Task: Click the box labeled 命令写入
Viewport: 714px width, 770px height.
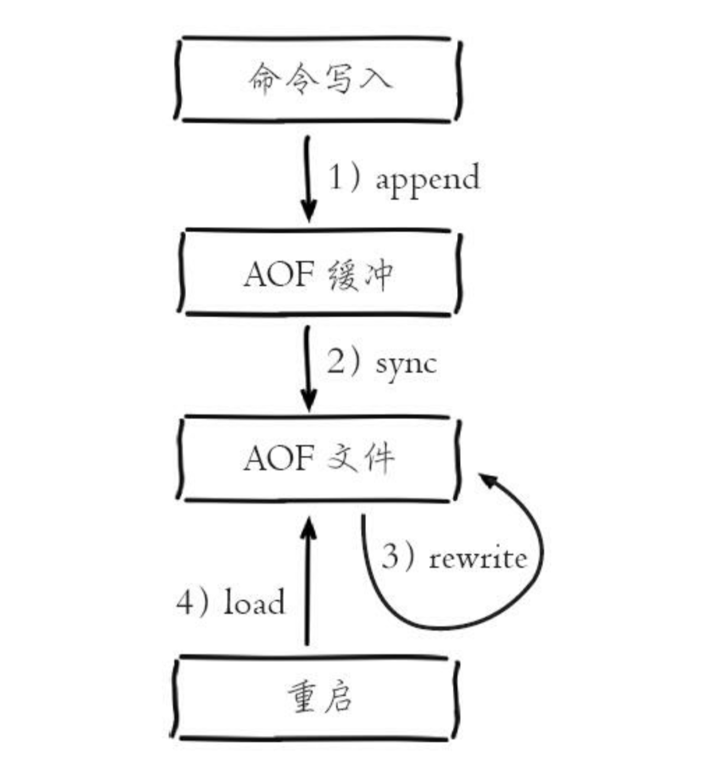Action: tap(318, 79)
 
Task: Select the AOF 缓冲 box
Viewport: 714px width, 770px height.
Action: tap(318, 272)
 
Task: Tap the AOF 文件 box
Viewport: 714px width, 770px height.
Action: tap(318, 458)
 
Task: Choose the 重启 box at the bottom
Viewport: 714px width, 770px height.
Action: tap(318, 698)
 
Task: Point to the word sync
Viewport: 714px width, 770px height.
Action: tap(406, 364)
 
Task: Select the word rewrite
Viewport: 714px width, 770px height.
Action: tap(477, 558)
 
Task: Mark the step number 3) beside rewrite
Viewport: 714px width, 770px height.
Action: tap(398, 557)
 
